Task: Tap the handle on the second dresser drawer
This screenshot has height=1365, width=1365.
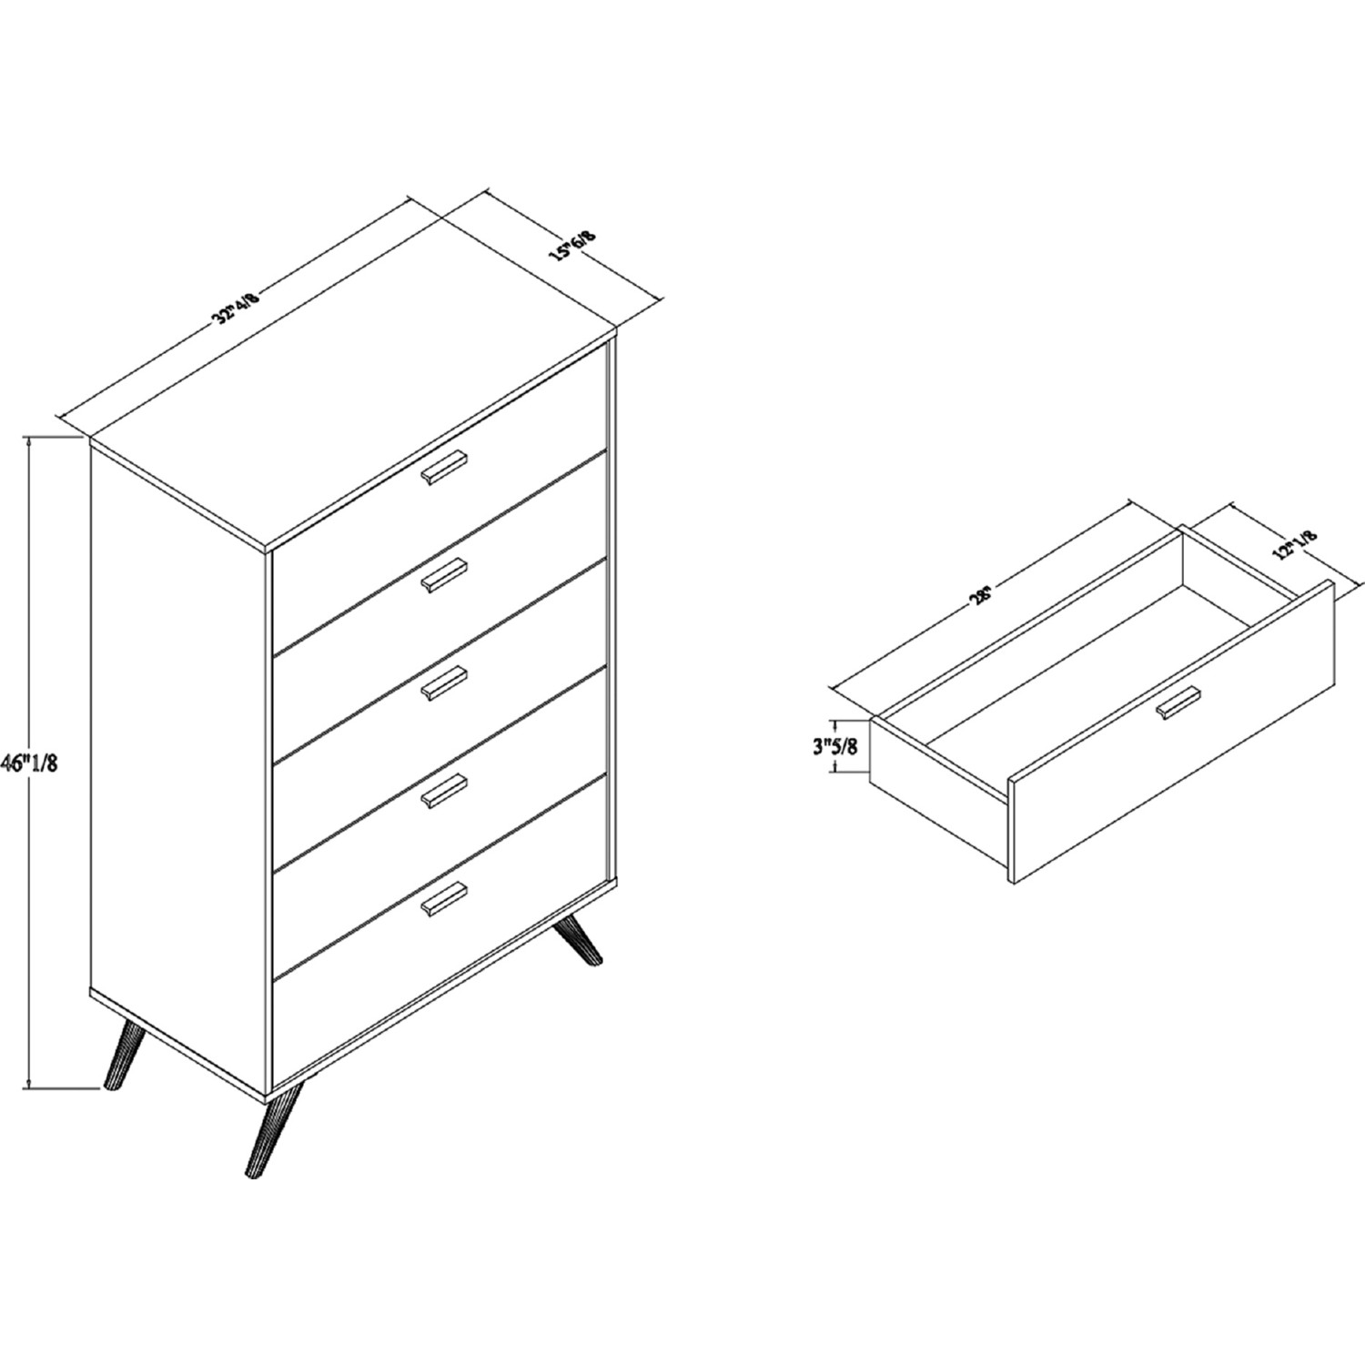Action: click(443, 575)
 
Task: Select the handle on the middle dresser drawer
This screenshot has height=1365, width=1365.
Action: click(443, 683)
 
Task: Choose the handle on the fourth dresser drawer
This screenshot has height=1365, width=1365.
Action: click(443, 791)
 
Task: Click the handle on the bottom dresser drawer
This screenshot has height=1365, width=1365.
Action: click(443, 899)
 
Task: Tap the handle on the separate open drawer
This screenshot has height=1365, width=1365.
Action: click(1178, 705)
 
